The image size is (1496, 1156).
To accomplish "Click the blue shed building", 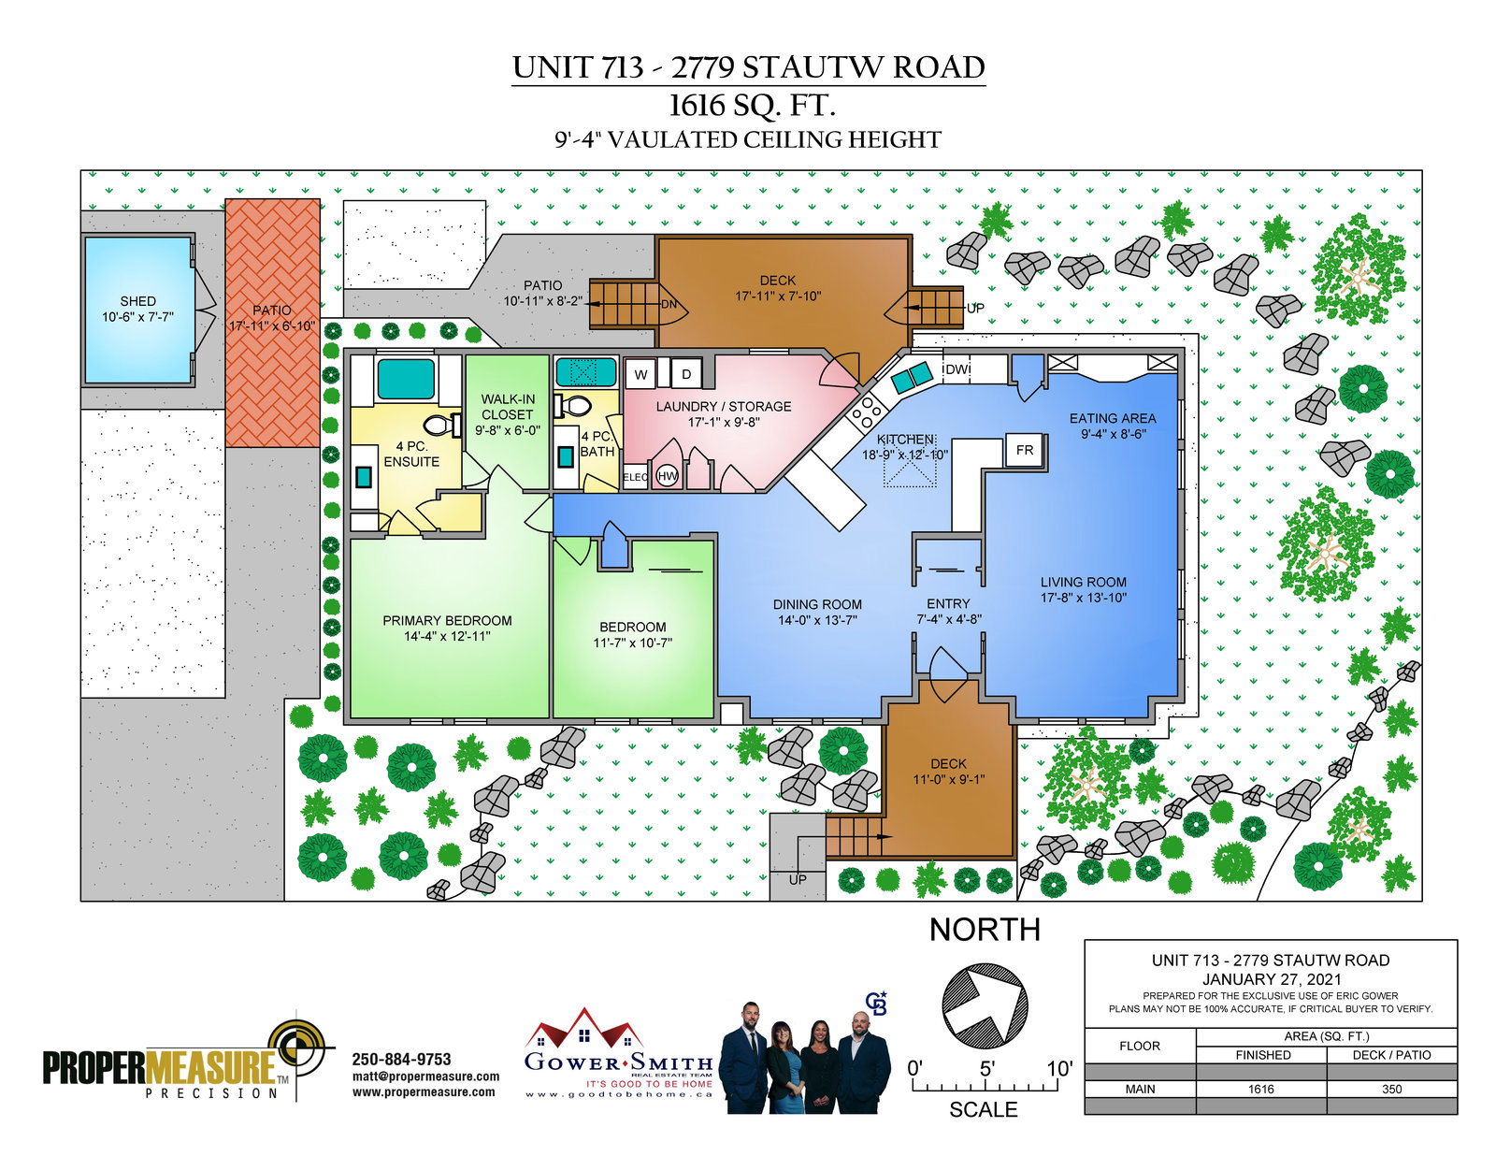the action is [x=137, y=310].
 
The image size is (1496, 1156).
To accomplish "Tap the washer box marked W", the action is [x=640, y=374].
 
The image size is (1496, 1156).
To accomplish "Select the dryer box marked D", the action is [x=685, y=374].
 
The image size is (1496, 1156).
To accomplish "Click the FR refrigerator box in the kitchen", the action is [x=1025, y=450].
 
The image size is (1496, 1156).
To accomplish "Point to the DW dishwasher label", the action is [x=957, y=369].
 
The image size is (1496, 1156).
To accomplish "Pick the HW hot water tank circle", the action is [x=667, y=476].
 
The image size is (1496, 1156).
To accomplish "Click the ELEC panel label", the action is [x=635, y=477].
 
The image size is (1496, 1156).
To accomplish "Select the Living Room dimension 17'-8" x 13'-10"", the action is [x=1083, y=598].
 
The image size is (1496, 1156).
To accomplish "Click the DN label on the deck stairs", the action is [x=669, y=304].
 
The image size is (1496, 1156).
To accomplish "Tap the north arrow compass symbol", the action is [x=985, y=1006].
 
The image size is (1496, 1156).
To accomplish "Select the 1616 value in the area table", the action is [x=1260, y=1090].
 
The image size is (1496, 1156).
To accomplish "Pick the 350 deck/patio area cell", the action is [x=1391, y=1090].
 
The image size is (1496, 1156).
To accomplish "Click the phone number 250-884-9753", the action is [x=401, y=1059].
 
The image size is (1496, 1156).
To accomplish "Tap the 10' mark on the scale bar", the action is [x=1059, y=1069].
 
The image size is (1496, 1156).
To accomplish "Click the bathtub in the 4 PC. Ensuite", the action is [x=406, y=379].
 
